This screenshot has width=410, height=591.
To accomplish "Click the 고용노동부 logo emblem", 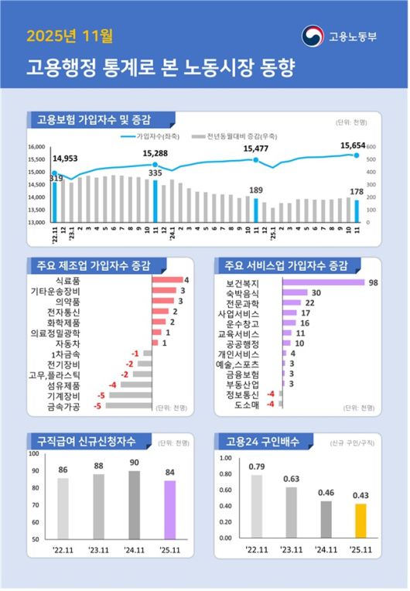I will tap(313, 36).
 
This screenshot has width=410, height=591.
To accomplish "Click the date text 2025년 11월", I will tap(70, 36).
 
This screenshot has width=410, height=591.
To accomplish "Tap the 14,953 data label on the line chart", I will tap(65, 159).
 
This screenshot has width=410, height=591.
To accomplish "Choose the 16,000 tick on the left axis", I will tap(37, 147).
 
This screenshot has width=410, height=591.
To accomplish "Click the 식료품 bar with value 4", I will tap(166, 280).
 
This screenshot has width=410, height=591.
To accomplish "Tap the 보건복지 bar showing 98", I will tap(323, 283).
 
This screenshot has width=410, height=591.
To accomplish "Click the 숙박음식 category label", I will tap(244, 293).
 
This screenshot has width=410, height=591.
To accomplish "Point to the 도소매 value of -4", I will tap(271, 404).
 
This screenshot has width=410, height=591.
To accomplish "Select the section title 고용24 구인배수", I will tap(259, 442).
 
